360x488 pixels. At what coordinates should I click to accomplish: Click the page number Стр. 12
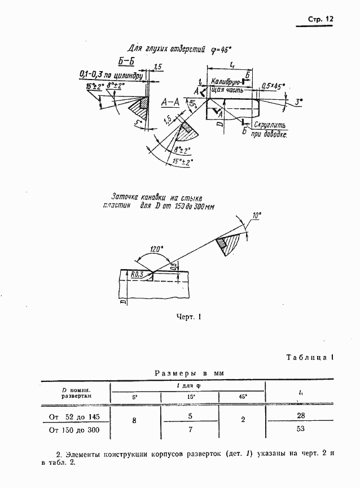[x=321, y=19]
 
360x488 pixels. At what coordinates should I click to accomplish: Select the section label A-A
[x=170, y=102]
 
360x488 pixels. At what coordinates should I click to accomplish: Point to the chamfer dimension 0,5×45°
[x=273, y=86]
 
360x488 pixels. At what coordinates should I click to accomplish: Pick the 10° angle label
[x=256, y=216]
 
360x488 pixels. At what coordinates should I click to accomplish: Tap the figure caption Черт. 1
[x=188, y=317]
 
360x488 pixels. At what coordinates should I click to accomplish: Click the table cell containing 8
[x=134, y=420]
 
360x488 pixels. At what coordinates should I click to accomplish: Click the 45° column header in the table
[x=243, y=397]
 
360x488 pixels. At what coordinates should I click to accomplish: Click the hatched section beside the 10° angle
[x=231, y=245]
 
